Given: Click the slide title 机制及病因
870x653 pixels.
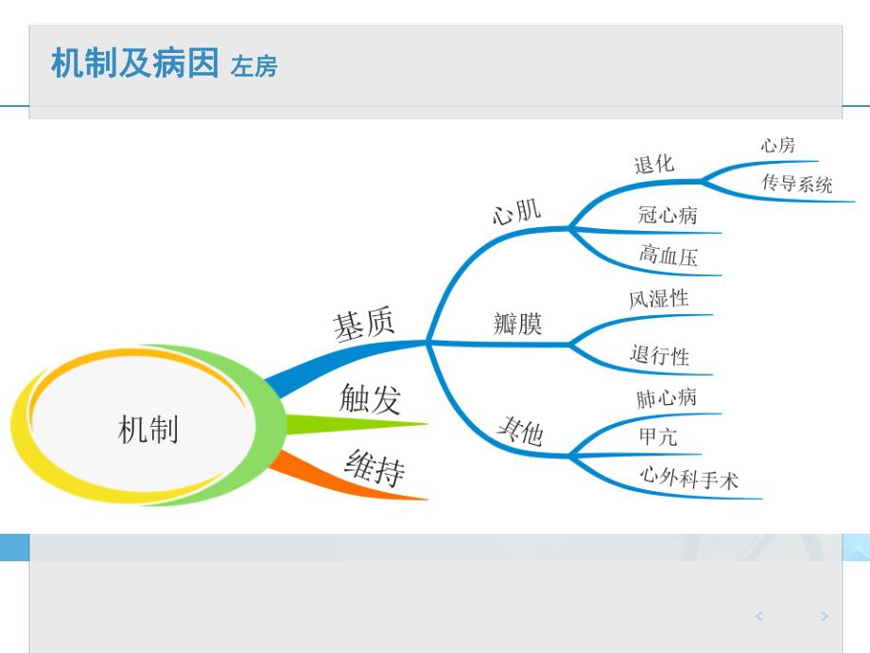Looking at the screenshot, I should pyautogui.click(x=134, y=64).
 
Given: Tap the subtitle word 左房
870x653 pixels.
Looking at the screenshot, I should pyautogui.click(x=253, y=67).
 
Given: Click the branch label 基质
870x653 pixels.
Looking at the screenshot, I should pyautogui.click(x=363, y=325).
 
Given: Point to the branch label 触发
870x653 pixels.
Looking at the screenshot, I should pyautogui.click(x=370, y=399).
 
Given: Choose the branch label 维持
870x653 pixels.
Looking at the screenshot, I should pyautogui.click(x=374, y=467).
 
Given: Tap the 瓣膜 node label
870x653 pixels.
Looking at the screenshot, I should pyautogui.click(x=517, y=325).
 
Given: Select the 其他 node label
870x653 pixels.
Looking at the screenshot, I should pyautogui.click(x=520, y=432).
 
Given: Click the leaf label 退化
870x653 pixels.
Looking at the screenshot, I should pyautogui.click(x=653, y=164).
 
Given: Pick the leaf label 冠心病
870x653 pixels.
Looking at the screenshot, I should pyautogui.click(x=668, y=215).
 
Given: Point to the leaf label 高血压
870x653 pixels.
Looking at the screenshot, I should pyautogui.click(x=668, y=256).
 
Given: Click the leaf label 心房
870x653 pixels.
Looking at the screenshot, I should pyautogui.click(x=777, y=145).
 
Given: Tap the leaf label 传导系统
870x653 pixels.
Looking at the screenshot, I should pyautogui.click(x=797, y=184).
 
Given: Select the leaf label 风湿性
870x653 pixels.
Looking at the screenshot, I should pyautogui.click(x=658, y=299).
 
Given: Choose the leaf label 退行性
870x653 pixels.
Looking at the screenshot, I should pyautogui.click(x=659, y=356).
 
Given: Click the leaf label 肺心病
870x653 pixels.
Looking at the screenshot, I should pyautogui.click(x=666, y=398).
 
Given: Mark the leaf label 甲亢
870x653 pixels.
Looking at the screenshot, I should pyautogui.click(x=657, y=437).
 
